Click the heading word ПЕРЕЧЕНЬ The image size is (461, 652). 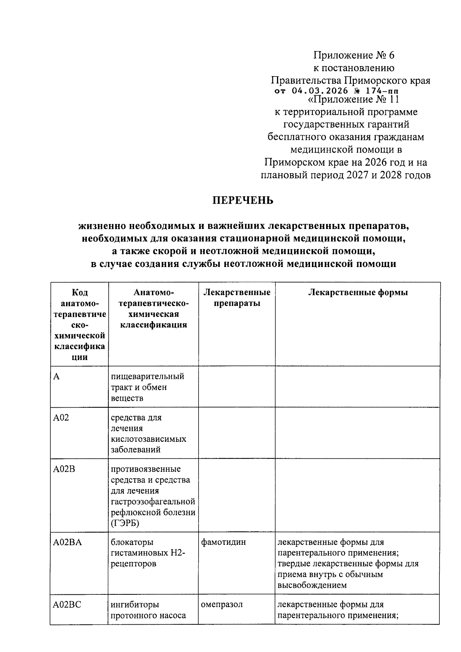pos(243,200)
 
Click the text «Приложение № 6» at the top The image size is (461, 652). pos(354,55)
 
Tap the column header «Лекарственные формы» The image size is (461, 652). pos(358,292)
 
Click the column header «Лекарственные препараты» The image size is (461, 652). pos(237,298)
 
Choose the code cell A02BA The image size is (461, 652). pos(67,542)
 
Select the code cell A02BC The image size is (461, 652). pos(67,604)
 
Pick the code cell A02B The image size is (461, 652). pos(64,469)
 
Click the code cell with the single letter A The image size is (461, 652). pos(56,377)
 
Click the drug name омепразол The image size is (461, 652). pos(222,604)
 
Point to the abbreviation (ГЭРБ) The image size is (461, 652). pos(125,523)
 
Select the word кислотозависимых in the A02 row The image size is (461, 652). pos(149,439)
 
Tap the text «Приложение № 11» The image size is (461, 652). pos(354,100)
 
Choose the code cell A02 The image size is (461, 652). pos(61,418)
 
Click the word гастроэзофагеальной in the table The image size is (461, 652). pos(153,501)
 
